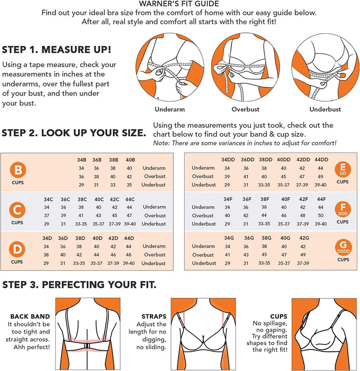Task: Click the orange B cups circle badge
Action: tap(18, 170)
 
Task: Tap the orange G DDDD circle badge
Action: tap(343, 247)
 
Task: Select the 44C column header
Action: tap(130, 199)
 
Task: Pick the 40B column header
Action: tap(130, 160)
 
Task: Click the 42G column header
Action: tap(304, 238)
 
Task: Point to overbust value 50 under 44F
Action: tap(320, 216)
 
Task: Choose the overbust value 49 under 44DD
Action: tap(320, 177)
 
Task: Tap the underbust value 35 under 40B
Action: tap(129, 185)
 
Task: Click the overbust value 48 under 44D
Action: tap(128, 255)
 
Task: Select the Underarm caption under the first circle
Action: tap(170, 109)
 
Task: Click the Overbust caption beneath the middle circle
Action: tap(245, 109)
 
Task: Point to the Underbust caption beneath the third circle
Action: tap(325, 109)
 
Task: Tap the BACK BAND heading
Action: tap(30, 317)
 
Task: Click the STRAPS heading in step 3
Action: tap(154, 317)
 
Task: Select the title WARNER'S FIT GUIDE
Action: tap(179, 4)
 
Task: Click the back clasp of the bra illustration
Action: tap(87, 346)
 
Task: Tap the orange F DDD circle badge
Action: tap(343, 209)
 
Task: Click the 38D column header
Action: tap(80, 238)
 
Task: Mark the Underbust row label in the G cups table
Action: tap(204, 263)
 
